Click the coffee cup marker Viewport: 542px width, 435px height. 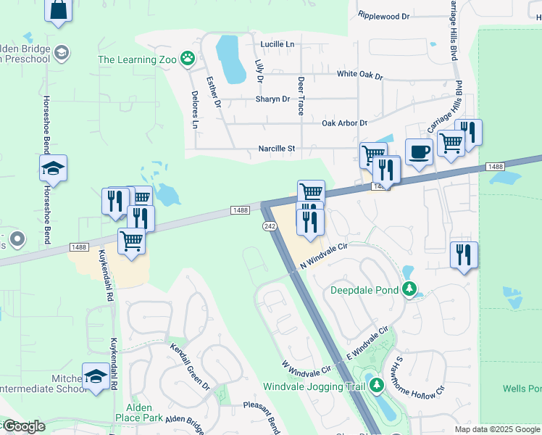[419, 152]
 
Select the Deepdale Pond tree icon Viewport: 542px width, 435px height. [409, 290]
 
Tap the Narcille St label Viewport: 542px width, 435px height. [277, 149]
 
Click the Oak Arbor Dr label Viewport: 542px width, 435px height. [345, 123]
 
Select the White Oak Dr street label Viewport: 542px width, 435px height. [359, 74]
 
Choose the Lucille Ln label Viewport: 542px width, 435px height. [278, 44]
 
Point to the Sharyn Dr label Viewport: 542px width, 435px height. [272, 99]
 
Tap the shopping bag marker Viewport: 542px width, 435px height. [58, 10]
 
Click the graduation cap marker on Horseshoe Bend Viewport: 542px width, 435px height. [53, 169]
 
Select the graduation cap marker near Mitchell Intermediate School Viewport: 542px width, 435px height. [96, 376]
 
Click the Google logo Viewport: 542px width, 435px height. [23, 426]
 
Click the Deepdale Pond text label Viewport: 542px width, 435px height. [364, 290]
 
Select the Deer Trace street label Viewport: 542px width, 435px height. [301, 95]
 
